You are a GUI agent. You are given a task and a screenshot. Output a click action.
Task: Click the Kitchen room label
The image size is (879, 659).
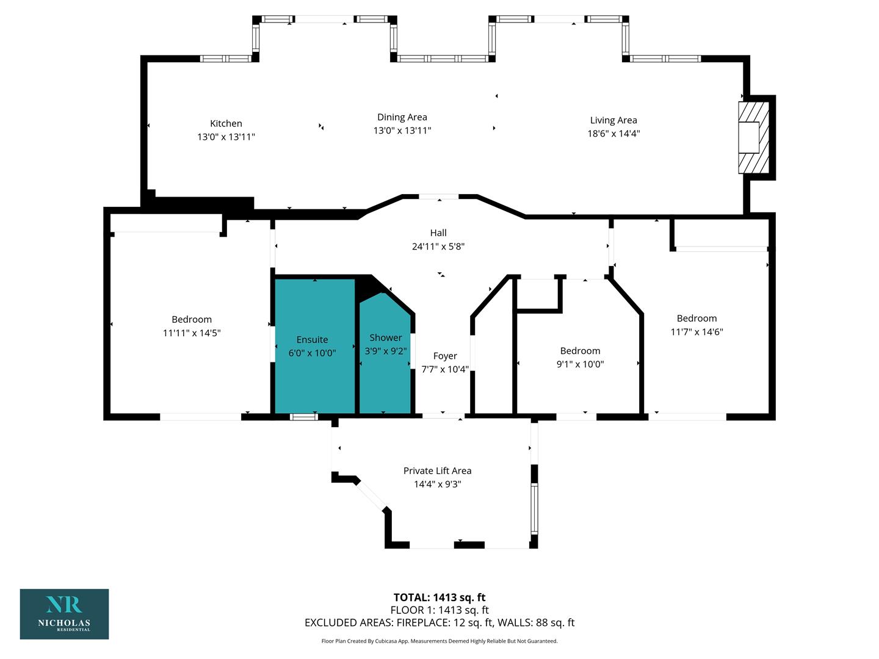[226, 124]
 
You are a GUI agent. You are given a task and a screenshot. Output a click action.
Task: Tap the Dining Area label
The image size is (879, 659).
[402, 117]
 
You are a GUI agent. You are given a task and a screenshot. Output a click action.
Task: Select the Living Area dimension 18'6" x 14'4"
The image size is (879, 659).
[613, 133]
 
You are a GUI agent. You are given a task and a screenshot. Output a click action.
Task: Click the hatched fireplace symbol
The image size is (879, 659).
[753, 138]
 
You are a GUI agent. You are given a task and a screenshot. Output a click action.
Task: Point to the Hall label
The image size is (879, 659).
[438, 233]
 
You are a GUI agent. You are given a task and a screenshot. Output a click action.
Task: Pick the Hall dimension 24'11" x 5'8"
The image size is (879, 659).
[438, 247]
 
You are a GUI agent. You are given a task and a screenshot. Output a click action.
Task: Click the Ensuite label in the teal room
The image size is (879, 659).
[312, 340]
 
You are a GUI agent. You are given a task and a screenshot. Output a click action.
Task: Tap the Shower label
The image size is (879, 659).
[385, 337]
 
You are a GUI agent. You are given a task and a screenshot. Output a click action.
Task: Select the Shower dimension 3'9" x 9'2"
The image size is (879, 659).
[385, 351]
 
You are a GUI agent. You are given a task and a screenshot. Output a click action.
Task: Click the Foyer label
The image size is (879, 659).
[445, 356]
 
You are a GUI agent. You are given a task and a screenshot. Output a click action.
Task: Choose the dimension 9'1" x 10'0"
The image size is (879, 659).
[580, 364]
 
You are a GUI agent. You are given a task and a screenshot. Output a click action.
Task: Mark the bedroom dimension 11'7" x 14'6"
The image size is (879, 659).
[697, 332]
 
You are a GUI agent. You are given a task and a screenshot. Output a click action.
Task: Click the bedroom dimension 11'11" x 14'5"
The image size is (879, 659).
[192, 333]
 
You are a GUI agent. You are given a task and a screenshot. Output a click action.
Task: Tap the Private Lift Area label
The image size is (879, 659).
[437, 471]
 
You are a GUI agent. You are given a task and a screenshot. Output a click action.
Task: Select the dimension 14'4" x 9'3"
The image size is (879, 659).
[437, 484]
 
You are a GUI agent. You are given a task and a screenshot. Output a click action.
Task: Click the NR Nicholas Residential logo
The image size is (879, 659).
[65, 614]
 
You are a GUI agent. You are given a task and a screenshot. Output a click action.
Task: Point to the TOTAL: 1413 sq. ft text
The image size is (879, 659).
[440, 597]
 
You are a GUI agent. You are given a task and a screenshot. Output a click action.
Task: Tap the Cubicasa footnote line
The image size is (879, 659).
[440, 641]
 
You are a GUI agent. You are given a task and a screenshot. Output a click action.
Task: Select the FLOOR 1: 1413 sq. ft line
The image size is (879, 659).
[440, 610]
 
